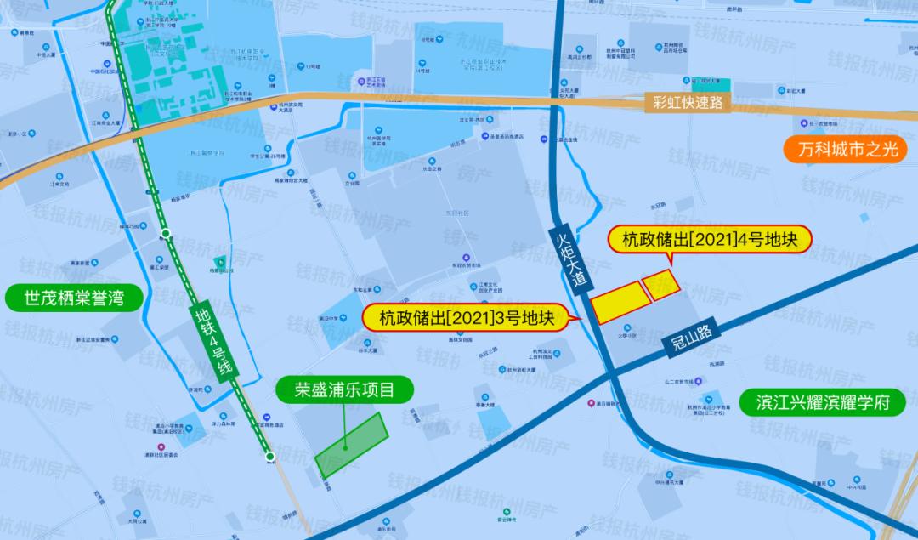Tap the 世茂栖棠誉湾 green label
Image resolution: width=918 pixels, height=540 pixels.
coord(72,298)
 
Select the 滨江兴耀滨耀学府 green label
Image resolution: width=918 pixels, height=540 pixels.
coord(824,402)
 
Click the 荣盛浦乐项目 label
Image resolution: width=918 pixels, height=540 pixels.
coord(344,391)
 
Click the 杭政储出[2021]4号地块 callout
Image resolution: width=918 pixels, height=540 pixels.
coord(710,240)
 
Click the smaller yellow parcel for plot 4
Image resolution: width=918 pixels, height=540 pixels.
coord(661,284)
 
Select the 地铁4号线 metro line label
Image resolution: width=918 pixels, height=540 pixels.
coord(213,339)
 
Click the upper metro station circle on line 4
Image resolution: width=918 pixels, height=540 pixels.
coord(166,232)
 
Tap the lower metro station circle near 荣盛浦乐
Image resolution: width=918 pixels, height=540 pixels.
coord(270,458)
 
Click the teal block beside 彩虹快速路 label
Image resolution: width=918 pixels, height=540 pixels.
coord(711,83)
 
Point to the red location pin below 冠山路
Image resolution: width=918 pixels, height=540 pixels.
coord(592,403)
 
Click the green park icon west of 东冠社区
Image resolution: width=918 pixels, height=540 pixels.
coord(220,261)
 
